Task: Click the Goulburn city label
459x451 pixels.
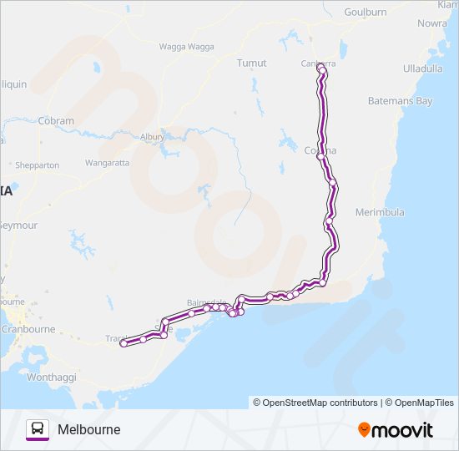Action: tap(366, 13)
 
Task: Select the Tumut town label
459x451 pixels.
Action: tap(251, 63)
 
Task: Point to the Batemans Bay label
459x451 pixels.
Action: tap(401, 101)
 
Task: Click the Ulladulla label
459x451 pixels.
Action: tap(422, 68)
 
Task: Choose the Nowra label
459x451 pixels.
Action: tap(431, 24)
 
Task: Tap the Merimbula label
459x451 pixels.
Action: tap(380, 213)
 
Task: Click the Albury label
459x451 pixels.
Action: tap(153, 136)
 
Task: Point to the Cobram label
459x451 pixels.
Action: tap(57, 121)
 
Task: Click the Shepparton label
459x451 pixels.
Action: tap(35, 165)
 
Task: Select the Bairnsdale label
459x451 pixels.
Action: tap(207, 302)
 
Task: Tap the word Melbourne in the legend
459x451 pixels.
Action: tap(88, 429)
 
